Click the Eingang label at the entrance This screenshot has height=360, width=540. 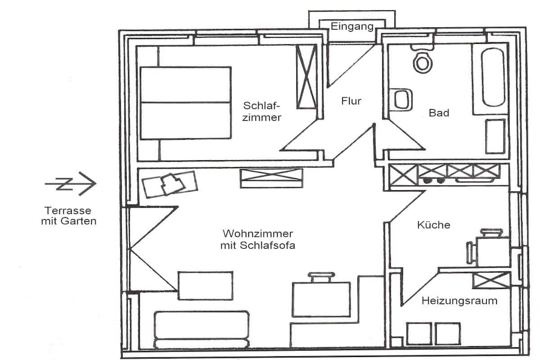tap(352, 26)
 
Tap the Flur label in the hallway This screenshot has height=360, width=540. tap(351, 101)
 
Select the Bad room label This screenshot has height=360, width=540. tap(439, 113)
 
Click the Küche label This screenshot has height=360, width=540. tap(433, 225)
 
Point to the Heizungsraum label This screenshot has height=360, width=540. tap(459, 301)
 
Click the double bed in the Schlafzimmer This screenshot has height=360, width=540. tap(185, 103)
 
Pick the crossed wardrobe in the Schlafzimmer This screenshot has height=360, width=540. tap(306, 77)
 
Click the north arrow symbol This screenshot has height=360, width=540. tap(71, 183)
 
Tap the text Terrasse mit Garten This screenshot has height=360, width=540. tap(69, 216)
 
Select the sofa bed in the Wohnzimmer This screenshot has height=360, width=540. tap(201, 330)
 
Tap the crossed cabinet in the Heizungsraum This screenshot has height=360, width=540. tap(491, 280)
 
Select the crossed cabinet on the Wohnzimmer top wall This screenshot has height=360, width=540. tap(272, 178)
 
